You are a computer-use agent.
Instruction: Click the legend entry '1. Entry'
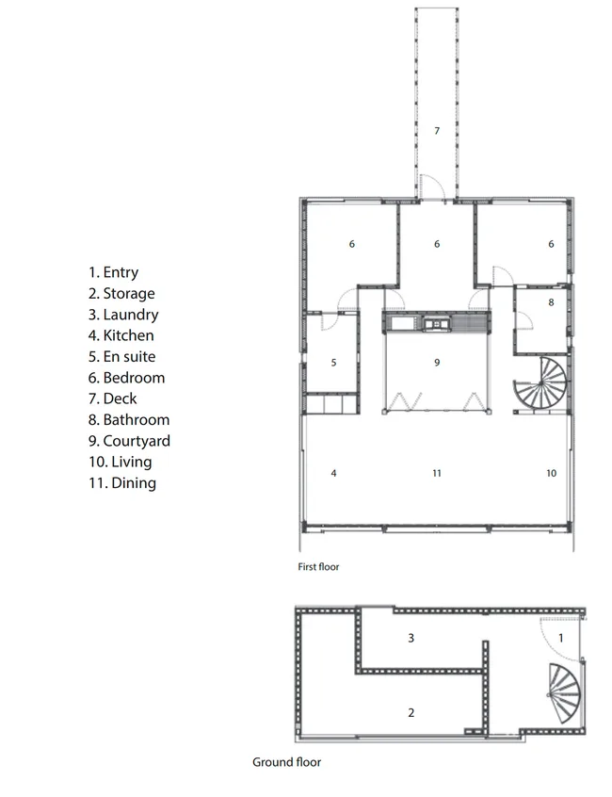[x=113, y=272]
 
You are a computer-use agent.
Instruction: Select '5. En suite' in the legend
[x=121, y=356]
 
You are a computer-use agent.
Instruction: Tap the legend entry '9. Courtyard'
[x=129, y=441]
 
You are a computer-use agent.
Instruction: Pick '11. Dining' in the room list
[x=122, y=483]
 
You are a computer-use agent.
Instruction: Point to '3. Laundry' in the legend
[x=123, y=315]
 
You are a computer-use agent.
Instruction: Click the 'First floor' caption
[x=318, y=567]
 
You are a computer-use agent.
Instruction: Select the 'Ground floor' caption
[x=287, y=762]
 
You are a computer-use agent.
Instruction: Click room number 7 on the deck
[x=437, y=131]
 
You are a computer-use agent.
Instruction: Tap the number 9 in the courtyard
[x=437, y=363]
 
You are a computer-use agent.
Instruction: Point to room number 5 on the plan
[x=333, y=363]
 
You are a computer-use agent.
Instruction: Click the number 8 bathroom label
[x=551, y=302]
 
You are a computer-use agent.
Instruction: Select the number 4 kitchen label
[x=333, y=473]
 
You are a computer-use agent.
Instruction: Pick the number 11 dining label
[x=437, y=473]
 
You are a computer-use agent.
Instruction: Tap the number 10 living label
[x=552, y=473]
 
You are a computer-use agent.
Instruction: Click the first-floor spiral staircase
[x=541, y=384]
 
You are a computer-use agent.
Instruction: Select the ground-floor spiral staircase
[x=564, y=692]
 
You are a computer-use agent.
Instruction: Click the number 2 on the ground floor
[x=411, y=712]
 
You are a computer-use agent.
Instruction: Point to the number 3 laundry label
[x=411, y=638]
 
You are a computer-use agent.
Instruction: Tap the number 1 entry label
[x=561, y=638]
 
